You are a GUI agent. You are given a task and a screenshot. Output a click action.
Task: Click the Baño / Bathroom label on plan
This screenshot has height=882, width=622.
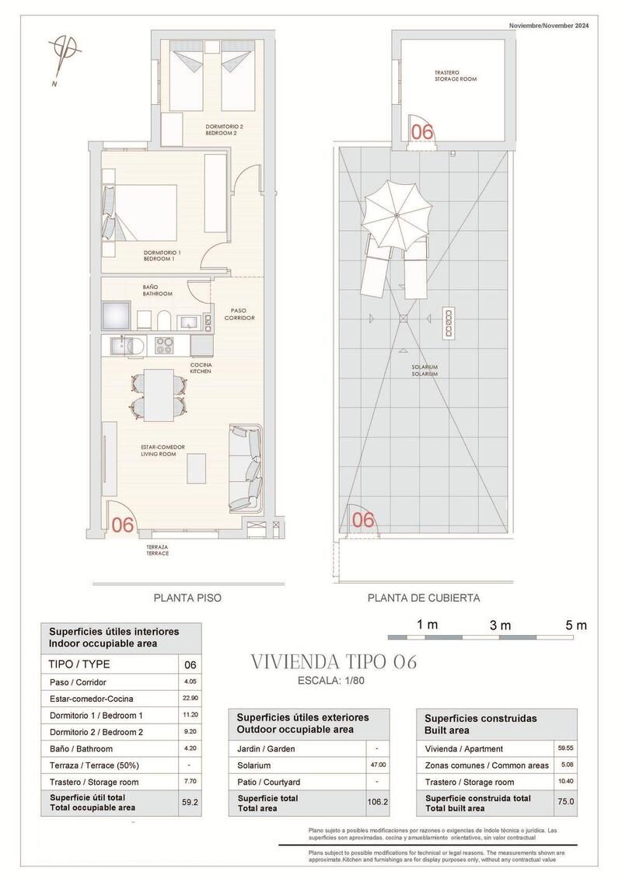click(x=157, y=291)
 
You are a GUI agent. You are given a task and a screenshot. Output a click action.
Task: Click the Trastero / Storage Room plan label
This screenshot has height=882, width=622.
click(x=455, y=76)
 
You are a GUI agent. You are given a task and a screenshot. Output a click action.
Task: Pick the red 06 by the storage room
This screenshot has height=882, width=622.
click(x=421, y=132)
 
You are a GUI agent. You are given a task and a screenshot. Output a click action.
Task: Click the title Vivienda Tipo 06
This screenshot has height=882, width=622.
click(x=334, y=662)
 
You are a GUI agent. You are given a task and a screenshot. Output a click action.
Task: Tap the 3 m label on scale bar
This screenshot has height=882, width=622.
click(x=500, y=625)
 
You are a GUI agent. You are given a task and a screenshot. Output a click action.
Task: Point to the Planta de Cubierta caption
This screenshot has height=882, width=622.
click(x=424, y=598)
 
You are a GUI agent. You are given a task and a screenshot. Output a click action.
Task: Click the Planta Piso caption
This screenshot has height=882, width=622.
click(x=187, y=598)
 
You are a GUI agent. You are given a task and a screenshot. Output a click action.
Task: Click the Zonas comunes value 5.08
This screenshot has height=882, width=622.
click(x=566, y=765)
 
